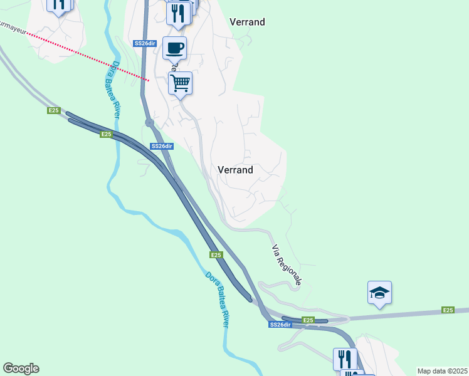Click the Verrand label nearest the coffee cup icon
[247, 22]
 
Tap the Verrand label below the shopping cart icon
[235, 170]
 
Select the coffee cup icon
[174, 47]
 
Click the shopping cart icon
[181, 83]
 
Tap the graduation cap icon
[379, 293]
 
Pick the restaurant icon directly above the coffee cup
[179, 13]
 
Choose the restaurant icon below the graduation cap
[345, 359]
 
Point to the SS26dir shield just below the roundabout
[161, 146]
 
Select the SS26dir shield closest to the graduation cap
[280, 325]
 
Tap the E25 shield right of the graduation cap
[448, 310]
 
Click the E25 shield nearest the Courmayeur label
[53, 111]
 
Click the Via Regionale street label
[287, 264]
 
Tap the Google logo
[21, 368]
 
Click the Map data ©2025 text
[442, 371]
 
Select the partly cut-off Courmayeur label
[14, 28]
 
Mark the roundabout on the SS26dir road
[150, 123]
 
